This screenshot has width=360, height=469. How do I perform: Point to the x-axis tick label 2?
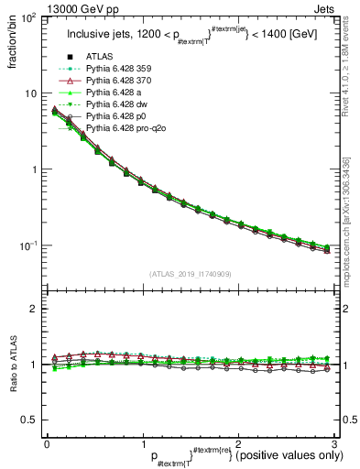[237, 443]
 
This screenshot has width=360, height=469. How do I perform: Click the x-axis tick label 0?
[48, 443]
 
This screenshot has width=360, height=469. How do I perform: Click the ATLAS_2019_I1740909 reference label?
[190, 274]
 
